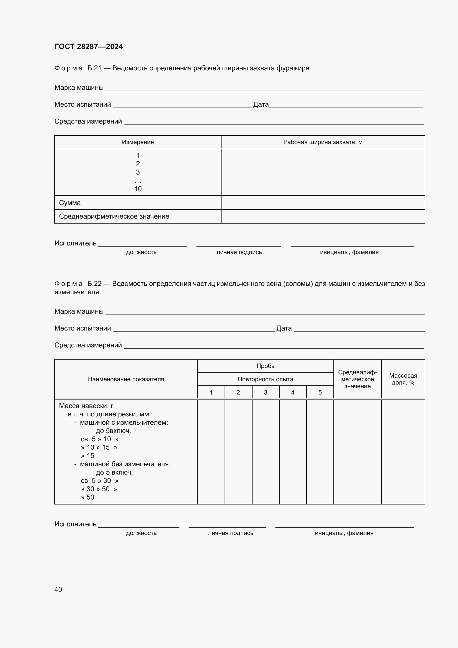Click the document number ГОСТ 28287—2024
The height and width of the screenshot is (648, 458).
click(x=89, y=47)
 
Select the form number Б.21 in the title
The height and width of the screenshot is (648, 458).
click(x=94, y=68)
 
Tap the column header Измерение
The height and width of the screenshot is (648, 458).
click(x=138, y=142)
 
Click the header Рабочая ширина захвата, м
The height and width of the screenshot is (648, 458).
click(x=323, y=142)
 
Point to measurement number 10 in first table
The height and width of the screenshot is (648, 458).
click(x=138, y=189)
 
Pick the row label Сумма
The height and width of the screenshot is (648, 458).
click(x=70, y=203)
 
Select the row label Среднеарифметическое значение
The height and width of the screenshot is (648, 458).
click(x=114, y=216)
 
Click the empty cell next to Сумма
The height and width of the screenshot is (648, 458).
click(x=323, y=203)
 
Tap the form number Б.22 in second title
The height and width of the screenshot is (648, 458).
click(x=94, y=284)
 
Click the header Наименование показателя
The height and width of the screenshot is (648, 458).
click(x=126, y=379)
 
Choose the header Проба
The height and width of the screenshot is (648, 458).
click(x=265, y=366)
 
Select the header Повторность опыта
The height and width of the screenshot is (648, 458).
click(x=265, y=379)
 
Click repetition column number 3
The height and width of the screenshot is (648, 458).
click(x=265, y=393)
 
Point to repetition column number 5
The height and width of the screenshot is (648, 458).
click(x=320, y=393)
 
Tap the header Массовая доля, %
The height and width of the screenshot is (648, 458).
click(x=403, y=379)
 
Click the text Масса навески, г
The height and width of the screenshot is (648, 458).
click(x=86, y=406)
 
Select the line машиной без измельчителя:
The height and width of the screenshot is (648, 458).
click(x=125, y=464)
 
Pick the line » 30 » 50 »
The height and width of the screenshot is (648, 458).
click(x=99, y=489)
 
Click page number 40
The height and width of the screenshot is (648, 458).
click(x=58, y=589)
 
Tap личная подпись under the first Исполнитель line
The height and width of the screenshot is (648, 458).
click(x=239, y=252)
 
